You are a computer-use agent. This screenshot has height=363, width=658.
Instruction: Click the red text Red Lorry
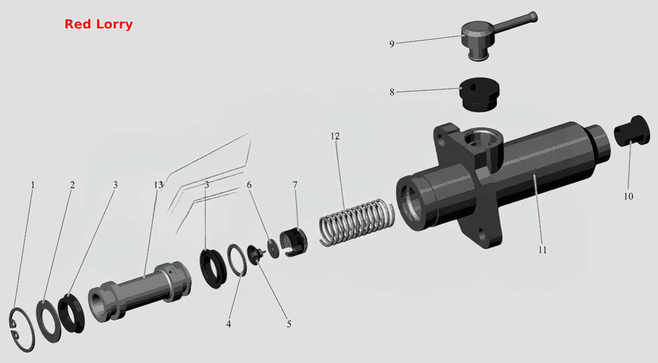click(x=98, y=24)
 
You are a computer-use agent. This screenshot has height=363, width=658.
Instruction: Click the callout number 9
click(x=392, y=44)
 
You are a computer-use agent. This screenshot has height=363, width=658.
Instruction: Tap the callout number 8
click(x=392, y=93)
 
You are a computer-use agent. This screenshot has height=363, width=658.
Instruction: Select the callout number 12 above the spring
click(x=335, y=136)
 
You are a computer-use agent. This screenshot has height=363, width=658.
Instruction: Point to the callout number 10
click(x=628, y=197)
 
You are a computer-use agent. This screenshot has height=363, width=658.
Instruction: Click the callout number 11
click(x=542, y=250)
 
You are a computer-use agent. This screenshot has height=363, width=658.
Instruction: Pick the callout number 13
click(x=158, y=185)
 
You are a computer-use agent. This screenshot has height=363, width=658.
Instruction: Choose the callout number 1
click(x=33, y=185)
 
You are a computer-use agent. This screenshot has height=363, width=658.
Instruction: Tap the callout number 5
click(x=289, y=324)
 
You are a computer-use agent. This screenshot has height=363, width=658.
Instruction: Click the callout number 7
click(x=295, y=185)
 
